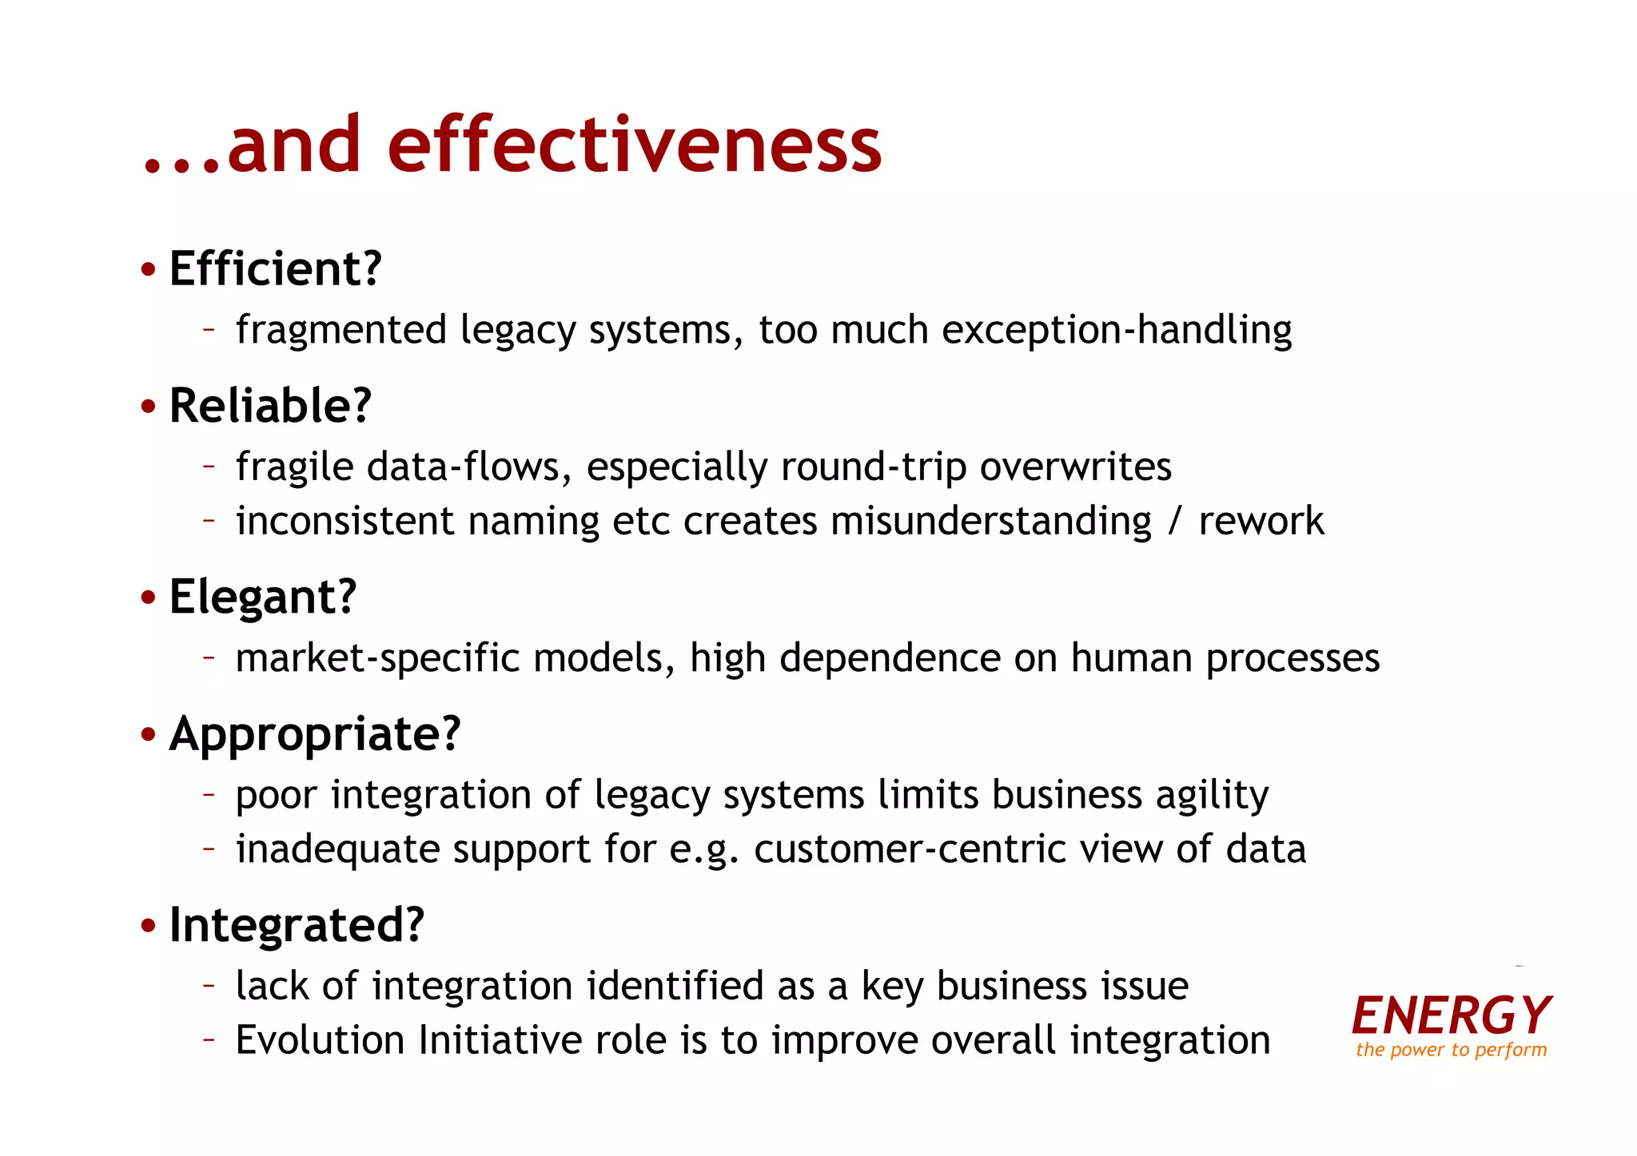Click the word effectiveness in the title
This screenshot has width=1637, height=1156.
634,145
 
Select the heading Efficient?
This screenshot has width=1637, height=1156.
276,268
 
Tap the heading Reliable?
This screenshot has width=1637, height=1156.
270,405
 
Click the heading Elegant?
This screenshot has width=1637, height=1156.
262,597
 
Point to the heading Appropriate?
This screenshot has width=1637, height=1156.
315,733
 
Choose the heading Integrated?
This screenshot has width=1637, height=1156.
297,925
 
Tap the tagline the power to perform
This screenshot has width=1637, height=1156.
1451,1050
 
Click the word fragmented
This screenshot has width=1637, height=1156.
341,330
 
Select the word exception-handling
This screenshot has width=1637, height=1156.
1116,330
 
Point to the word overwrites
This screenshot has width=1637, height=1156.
1075,467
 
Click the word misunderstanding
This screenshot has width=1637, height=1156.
991,522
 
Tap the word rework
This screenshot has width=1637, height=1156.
1261,522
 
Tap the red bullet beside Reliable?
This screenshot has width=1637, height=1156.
148,407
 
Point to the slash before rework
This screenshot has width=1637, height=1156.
1174,522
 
